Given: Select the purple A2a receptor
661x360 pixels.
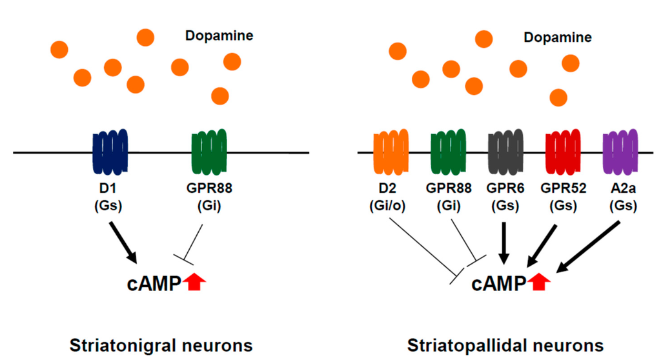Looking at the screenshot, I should [x=620, y=152].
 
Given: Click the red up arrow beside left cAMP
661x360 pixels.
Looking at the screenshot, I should [x=194, y=282].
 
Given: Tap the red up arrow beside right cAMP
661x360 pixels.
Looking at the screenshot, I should [x=539, y=282].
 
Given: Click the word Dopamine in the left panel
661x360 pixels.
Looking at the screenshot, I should [x=219, y=36].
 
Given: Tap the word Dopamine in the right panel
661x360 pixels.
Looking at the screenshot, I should [x=557, y=37].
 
